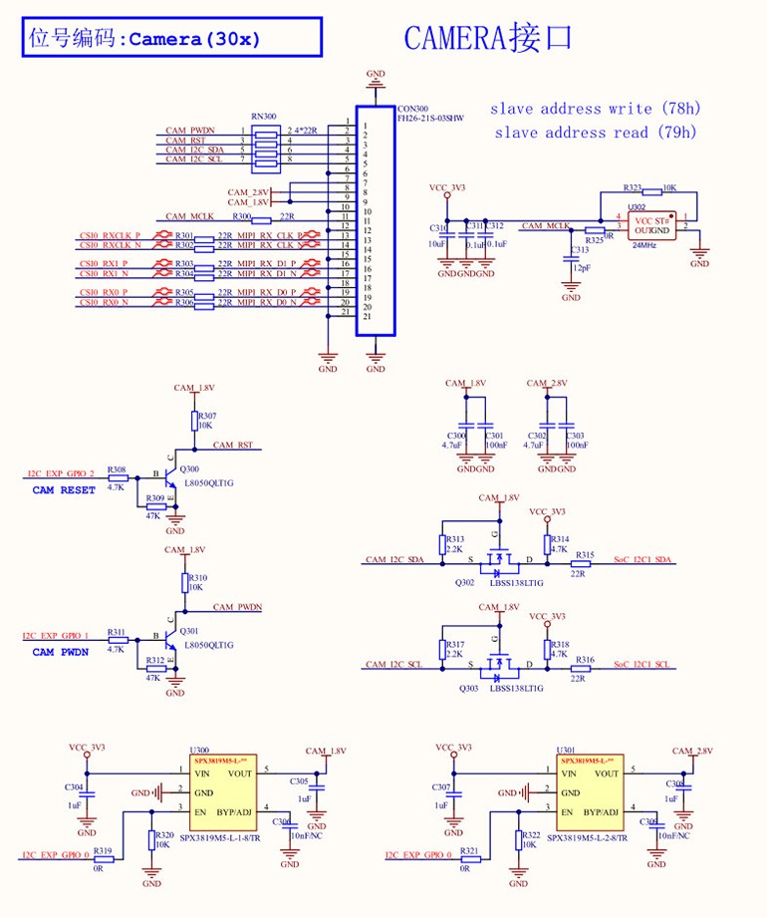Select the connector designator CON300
[x=411, y=109]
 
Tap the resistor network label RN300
[x=263, y=116]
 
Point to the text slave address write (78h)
[x=595, y=108]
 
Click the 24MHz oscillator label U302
[x=637, y=207]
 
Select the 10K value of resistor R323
[x=669, y=187]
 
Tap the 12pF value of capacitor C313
[x=580, y=268]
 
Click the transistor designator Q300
[x=190, y=469]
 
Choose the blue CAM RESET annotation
[x=64, y=490]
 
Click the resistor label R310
[x=198, y=578]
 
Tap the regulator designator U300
[x=199, y=751]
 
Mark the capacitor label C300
[x=456, y=437]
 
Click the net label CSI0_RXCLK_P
[x=110, y=236]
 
